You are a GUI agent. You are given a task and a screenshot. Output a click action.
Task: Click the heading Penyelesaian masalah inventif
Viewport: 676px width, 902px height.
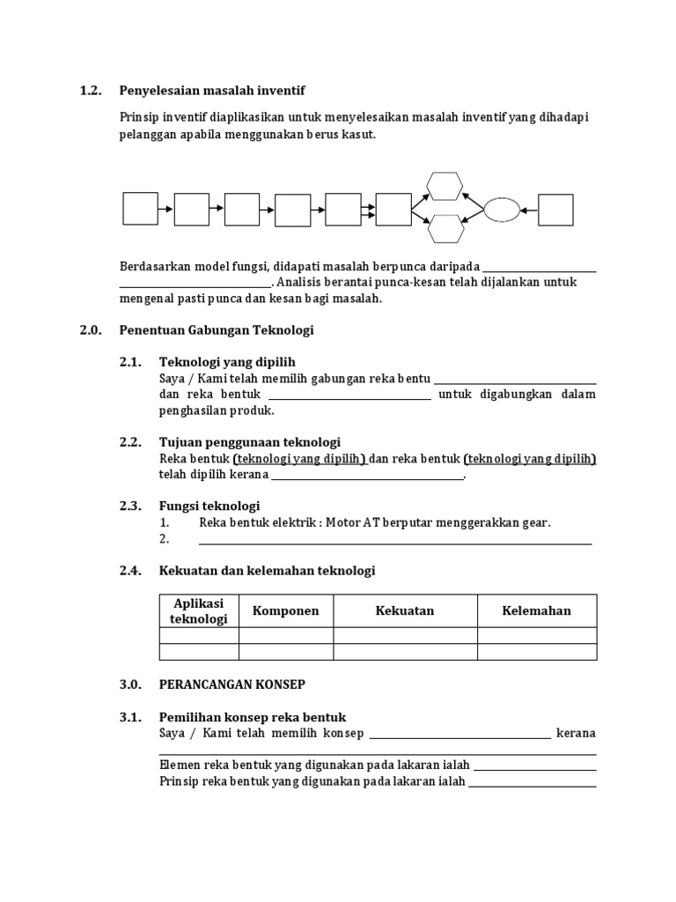coord(211,91)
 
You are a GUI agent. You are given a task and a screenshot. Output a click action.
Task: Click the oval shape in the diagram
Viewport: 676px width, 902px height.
coord(502,210)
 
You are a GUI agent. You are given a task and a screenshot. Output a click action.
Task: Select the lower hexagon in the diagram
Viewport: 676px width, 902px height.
coord(445,229)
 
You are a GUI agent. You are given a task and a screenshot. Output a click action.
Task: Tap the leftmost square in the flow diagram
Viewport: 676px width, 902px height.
coord(140,210)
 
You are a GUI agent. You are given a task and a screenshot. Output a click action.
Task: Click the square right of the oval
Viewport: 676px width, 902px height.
coord(555,210)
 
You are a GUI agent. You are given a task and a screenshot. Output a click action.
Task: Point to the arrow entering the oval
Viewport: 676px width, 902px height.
coord(528,210)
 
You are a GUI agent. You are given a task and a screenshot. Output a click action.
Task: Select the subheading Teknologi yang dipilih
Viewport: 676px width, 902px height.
coord(227,362)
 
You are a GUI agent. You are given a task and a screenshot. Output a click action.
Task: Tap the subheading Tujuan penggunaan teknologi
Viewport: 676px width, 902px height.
coord(250,442)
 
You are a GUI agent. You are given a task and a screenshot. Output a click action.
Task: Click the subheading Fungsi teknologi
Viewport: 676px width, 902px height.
coord(209,506)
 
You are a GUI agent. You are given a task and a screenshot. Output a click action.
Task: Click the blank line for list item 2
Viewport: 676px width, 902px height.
coord(395,543)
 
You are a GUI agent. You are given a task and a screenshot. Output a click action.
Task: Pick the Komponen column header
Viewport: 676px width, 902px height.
coord(286,611)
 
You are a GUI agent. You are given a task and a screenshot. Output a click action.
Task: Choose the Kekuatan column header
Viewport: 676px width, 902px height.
coord(405,611)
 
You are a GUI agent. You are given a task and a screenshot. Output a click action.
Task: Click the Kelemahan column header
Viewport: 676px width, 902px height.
coord(537,611)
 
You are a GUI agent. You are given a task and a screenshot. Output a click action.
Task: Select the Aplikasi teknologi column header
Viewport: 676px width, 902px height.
coord(199,611)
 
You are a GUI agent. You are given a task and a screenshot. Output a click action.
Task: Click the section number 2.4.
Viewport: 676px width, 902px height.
coord(129,571)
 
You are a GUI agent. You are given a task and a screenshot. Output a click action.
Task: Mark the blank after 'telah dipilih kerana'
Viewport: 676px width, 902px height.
coord(367,477)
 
